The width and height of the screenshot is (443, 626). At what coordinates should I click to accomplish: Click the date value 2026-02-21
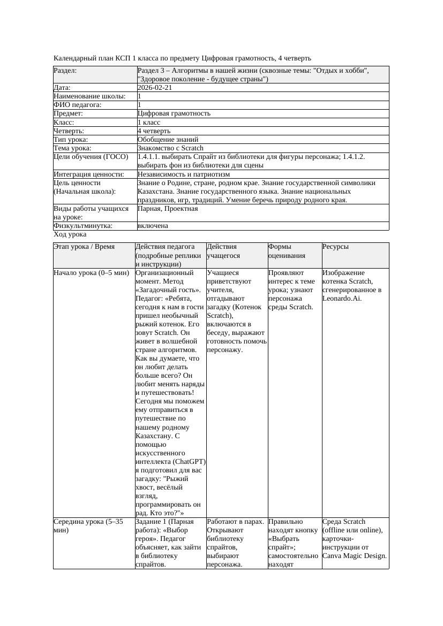(155, 88)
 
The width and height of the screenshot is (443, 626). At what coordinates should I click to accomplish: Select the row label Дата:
(62, 88)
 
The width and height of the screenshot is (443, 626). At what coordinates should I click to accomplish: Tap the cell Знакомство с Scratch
(170, 148)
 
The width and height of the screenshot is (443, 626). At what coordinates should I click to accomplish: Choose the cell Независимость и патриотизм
(184, 174)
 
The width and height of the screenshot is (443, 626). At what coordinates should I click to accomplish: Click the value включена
(153, 226)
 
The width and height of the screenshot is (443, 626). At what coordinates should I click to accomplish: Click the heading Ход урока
(70, 234)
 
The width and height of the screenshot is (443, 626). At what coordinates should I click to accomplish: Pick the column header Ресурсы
(335, 247)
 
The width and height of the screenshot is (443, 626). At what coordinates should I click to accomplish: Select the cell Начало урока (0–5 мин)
(92, 273)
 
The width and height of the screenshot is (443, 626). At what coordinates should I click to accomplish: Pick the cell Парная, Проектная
(168, 209)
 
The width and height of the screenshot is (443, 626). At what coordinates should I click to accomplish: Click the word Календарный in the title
(74, 58)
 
